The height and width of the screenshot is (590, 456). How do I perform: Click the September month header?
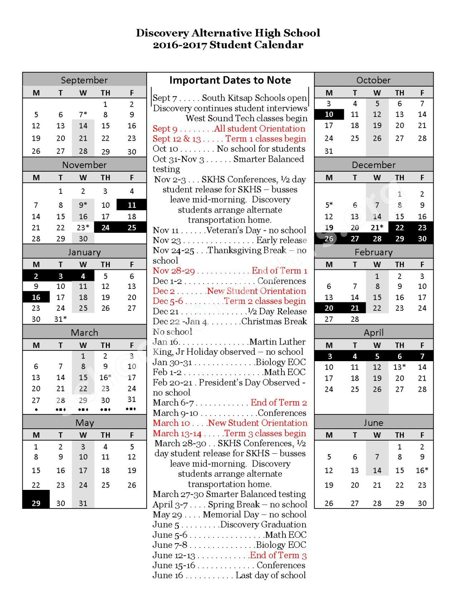coord(84,80)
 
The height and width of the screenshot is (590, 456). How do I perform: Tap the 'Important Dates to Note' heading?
coord(230,80)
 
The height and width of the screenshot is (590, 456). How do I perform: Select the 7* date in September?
coord(83,114)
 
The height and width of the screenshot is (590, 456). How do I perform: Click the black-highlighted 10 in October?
coord(329,114)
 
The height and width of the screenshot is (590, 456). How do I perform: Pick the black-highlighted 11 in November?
coord(132,205)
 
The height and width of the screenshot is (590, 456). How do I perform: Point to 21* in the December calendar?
coord(377,228)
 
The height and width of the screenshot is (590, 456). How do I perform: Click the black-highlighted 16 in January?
coord(36,297)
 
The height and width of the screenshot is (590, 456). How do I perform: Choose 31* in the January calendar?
coord(60,319)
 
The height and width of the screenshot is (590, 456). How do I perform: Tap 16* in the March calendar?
coord(105,377)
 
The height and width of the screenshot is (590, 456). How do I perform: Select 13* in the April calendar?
coord(400,367)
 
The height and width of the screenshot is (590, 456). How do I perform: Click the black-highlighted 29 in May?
coord(36,503)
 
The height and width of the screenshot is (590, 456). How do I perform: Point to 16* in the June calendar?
coord(422,470)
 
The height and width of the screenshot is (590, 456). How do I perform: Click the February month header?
coord(373,252)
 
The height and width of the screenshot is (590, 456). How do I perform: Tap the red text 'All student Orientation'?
coord(260,129)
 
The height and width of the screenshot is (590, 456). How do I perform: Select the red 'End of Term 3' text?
coord(278,555)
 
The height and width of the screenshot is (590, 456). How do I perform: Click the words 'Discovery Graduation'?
coord(263,525)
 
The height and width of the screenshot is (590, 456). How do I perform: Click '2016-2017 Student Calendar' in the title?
coord(228,45)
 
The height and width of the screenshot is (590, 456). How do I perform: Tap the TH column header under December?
coord(400,178)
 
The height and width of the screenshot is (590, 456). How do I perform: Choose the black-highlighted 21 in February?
coord(355,308)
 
